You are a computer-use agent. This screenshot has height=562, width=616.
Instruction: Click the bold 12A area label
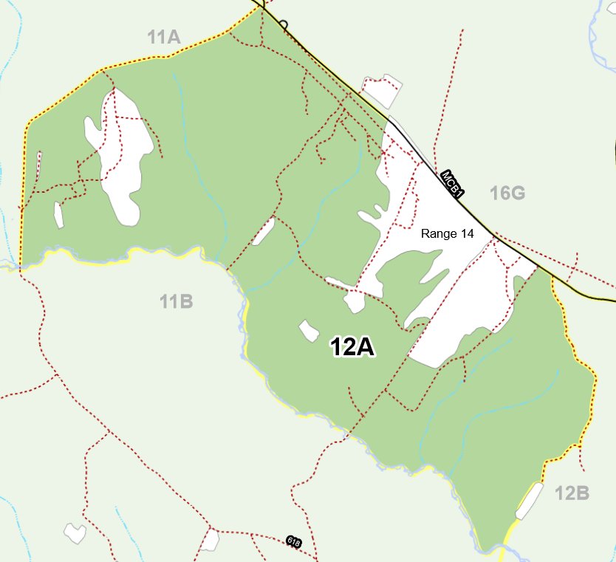[353, 346]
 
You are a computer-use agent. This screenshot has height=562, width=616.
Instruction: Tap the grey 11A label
[164, 37]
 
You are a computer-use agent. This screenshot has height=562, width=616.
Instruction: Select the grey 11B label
[177, 301]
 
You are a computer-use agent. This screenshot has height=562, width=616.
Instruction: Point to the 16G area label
[507, 193]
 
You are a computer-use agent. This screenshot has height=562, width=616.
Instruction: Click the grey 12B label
[572, 493]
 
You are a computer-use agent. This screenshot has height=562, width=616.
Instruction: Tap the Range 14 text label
[447, 234]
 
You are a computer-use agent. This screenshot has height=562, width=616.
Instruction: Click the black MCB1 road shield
[451, 184]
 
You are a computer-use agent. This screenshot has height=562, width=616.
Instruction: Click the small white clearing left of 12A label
[308, 331]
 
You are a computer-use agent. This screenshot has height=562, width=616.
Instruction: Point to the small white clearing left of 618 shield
[210, 541]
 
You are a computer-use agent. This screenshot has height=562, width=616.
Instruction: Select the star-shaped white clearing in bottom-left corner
[75, 532]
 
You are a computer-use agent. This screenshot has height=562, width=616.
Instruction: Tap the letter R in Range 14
[425, 234]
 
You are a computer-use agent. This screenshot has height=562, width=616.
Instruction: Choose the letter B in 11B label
[186, 301]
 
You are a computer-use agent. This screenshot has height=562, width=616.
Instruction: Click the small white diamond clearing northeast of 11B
[262, 231]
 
